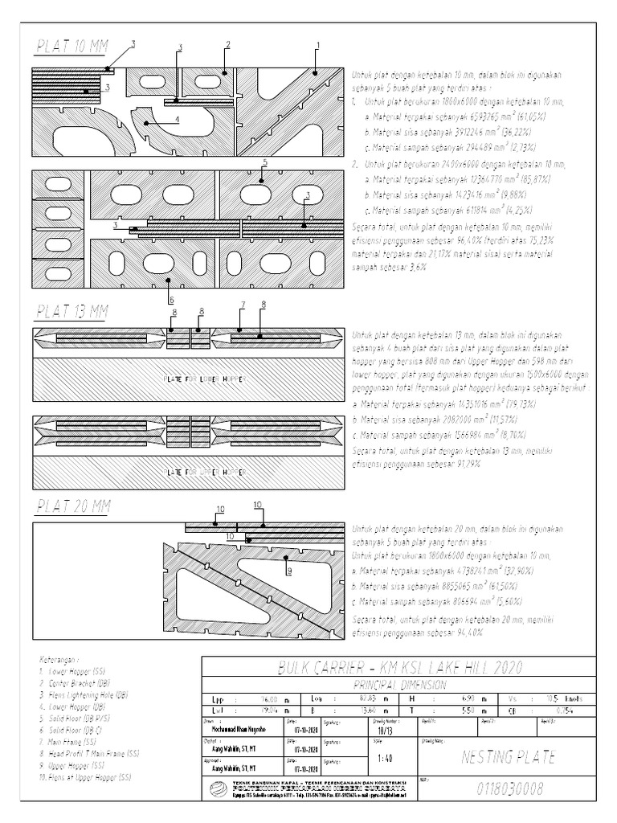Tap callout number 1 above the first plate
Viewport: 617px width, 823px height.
point(317,46)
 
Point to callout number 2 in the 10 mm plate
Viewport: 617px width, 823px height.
point(228,45)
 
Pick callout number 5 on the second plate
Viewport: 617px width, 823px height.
point(264,163)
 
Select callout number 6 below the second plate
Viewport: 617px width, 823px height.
point(170,299)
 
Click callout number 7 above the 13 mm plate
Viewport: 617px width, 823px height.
point(241,305)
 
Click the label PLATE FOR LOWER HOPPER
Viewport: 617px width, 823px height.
point(201,377)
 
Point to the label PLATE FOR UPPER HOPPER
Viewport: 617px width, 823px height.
point(201,472)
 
